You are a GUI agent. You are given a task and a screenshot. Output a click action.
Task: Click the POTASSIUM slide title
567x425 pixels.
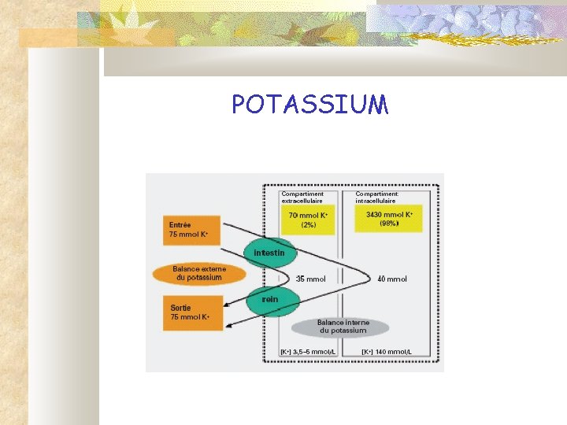pos(309,105)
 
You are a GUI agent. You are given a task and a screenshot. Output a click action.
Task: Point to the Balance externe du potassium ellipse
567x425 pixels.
pos(198,273)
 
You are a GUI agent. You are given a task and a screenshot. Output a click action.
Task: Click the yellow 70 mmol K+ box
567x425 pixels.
pos(308,219)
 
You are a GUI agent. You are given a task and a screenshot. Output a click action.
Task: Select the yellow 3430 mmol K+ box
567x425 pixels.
pos(388,218)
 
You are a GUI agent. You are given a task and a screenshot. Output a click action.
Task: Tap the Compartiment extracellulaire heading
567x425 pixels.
pos(302,197)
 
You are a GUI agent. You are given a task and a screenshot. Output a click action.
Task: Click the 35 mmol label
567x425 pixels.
pos(311,279)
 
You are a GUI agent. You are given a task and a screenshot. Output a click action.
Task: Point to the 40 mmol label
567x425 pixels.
pos(392,279)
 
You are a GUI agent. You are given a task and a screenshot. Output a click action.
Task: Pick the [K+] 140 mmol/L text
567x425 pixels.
pos(387,352)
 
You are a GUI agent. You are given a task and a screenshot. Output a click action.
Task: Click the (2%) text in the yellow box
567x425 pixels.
pos(308,224)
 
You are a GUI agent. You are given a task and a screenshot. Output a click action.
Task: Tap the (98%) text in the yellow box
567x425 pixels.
pos(388,224)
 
